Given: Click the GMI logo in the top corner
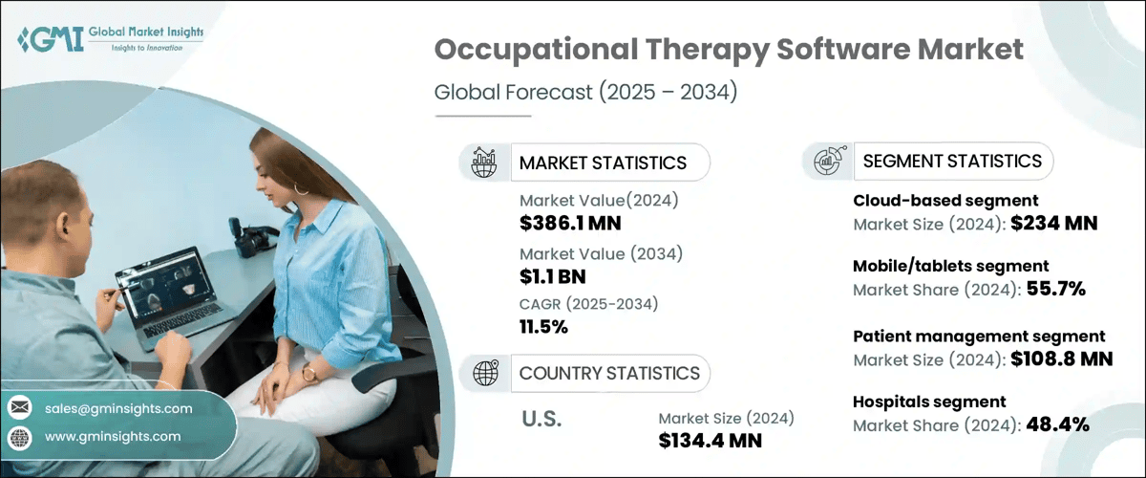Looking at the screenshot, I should pyautogui.click(x=110, y=39).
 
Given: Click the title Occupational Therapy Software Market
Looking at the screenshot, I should pyautogui.click(x=729, y=51).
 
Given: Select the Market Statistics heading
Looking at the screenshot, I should pyautogui.click(x=603, y=163).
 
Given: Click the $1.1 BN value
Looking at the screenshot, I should pyautogui.click(x=553, y=277).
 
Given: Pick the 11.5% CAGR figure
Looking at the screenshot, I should pyautogui.click(x=543, y=327).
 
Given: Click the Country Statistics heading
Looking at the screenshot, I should pyautogui.click(x=609, y=373).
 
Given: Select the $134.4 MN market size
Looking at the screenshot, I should pyautogui.click(x=711, y=441).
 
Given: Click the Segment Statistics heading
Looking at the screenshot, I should pyautogui.click(x=952, y=161).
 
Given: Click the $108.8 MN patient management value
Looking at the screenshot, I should pyautogui.click(x=1058, y=359).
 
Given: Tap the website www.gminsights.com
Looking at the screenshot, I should pyautogui.click(x=113, y=436).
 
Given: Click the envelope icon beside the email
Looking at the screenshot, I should pyautogui.click(x=19, y=408).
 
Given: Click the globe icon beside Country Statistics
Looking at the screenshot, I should pyautogui.click(x=486, y=373).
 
